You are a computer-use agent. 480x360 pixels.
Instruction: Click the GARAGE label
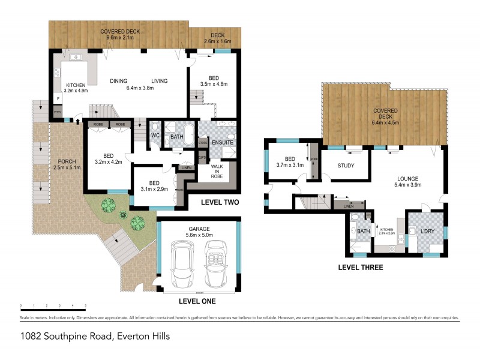point(197,229)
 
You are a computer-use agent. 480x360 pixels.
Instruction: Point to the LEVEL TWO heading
point(219,202)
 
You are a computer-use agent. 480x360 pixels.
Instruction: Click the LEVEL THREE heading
point(360,268)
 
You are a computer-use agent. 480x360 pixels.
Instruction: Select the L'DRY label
point(427,231)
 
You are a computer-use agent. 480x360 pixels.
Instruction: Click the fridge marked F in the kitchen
point(58,97)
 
